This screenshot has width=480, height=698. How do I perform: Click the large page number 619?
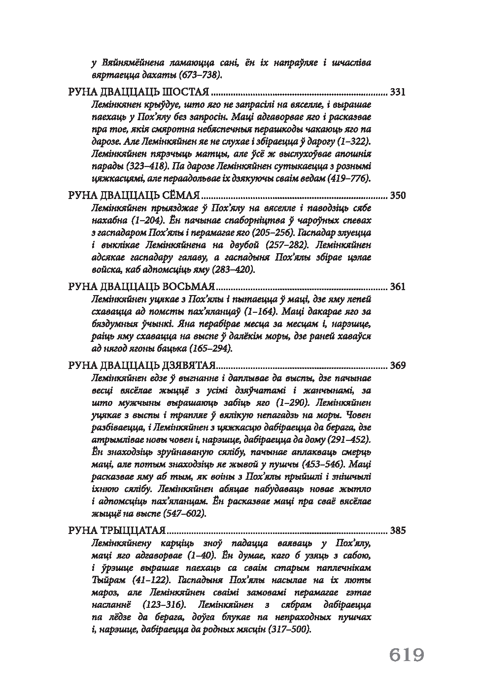tap(407, 656)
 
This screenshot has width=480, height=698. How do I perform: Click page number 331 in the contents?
tap(397, 92)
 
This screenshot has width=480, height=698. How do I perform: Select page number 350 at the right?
tap(397, 196)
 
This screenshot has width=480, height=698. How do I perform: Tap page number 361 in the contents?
tap(397, 287)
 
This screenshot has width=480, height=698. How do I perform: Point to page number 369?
tap(397, 366)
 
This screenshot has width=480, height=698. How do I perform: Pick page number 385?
tap(397, 531)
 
